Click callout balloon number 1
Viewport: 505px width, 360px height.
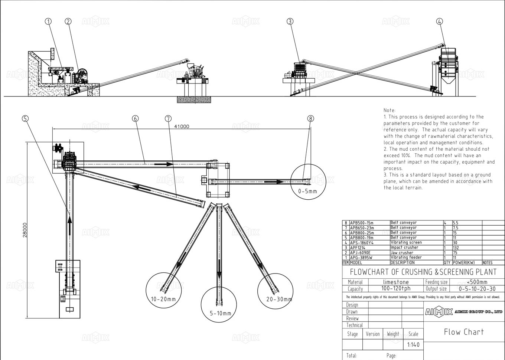(x=48, y=22)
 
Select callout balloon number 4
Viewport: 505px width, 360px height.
(x=439, y=22)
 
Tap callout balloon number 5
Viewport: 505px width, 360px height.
(x=25, y=118)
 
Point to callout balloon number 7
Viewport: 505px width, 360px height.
(x=168, y=118)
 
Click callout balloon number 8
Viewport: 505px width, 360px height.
(x=310, y=118)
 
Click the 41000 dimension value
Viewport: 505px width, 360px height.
(x=182, y=126)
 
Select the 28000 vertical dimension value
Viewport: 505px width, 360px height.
(x=25, y=230)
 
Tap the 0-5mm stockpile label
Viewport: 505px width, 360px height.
(x=308, y=192)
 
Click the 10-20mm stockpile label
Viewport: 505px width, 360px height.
(x=163, y=299)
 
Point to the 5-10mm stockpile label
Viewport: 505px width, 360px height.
(x=220, y=314)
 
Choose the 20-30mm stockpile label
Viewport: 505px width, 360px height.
(x=279, y=299)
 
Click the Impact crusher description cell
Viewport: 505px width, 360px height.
(x=404, y=248)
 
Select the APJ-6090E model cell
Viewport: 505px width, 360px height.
(x=360, y=253)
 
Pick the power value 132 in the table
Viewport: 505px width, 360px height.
(x=456, y=248)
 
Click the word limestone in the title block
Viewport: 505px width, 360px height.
(x=396, y=282)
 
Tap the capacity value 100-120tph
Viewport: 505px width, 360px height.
(x=396, y=289)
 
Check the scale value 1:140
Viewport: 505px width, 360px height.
(x=413, y=345)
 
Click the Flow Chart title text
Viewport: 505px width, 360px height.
(x=464, y=332)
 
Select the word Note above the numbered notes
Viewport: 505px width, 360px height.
(x=390, y=110)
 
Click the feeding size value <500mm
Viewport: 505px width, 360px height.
(x=477, y=282)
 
